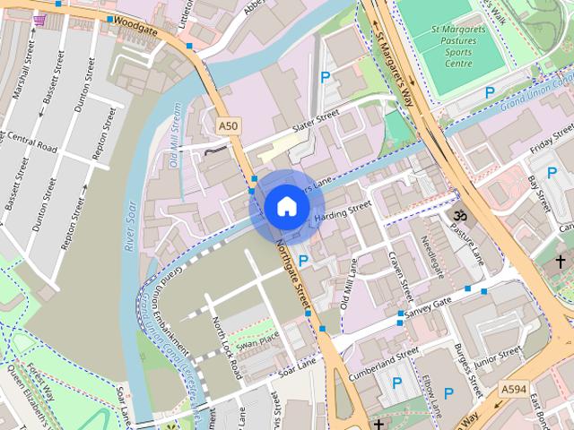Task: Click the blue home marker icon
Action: [x=285, y=206]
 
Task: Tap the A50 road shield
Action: [x=228, y=126]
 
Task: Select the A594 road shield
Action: [x=514, y=388]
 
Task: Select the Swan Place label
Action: [x=258, y=340]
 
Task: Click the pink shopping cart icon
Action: [x=39, y=19]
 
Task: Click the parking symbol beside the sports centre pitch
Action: [x=490, y=92]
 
